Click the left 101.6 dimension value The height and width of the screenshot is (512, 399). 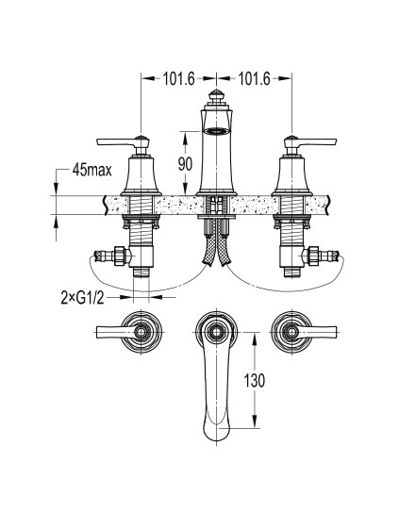(179, 78)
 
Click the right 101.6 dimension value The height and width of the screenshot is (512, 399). (255, 78)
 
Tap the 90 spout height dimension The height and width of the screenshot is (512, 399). (185, 164)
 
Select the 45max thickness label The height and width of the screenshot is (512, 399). (92, 170)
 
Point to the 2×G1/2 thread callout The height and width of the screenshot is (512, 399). (82, 297)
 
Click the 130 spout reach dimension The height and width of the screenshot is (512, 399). (255, 380)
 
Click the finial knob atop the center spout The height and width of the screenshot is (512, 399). (215, 96)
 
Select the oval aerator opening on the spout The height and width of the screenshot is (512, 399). (215, 131)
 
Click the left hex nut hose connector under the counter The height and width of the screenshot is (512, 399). (120, 256)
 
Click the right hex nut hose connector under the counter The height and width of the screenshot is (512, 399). (313, 256)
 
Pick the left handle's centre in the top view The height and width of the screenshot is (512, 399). (141, 332)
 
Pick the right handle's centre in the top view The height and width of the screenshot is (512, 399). (291, 332)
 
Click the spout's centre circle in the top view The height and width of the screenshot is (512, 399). (216, 332)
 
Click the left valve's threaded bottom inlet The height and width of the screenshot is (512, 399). (141, 272)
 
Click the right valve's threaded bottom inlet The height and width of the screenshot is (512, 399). (291, 272)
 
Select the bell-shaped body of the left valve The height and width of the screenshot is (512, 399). (141, 174)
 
